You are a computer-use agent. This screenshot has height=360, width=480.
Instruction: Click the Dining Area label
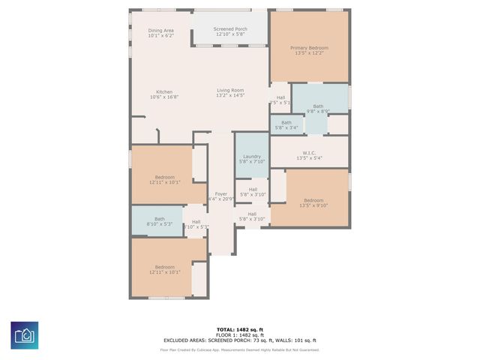click(x=160, y=30)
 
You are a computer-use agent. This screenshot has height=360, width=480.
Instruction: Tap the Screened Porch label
click(x=230, y=29)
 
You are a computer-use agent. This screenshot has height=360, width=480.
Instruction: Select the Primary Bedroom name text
click(x=309, y=48)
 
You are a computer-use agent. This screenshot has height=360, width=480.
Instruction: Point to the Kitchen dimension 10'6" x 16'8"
click(x=164, y=97)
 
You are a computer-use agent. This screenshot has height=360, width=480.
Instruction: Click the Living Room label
click(x=230, y=90)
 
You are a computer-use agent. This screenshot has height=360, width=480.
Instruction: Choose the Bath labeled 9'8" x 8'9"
click(x=318, y=106)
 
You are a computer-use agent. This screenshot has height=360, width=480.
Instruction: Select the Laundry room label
click(x=251, y=156)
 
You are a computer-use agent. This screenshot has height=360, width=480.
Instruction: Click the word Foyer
click(x=220, y=193)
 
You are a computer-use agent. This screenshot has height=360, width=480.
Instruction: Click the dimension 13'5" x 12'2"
click(x=309, y=53)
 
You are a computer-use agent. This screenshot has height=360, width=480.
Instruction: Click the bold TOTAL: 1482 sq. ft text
click(x=239, y=329)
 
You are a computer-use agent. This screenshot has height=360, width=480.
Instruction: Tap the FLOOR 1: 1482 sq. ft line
click(x=239, y=334)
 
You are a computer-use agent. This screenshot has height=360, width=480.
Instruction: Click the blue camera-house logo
click(x=24, y=335)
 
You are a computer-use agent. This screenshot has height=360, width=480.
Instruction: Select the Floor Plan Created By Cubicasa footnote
click(x=239, y=349)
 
